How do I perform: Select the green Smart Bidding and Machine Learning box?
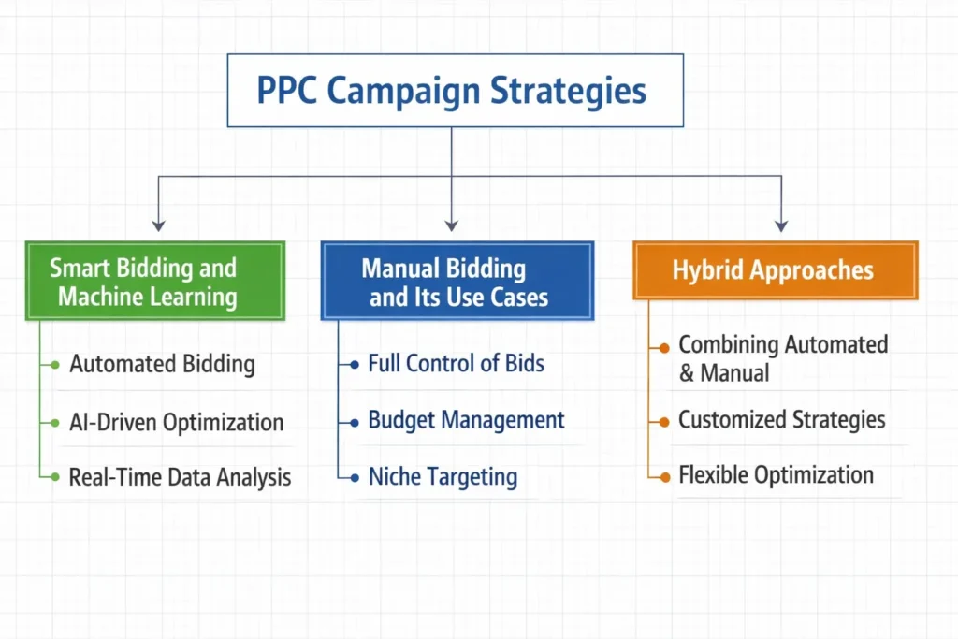(x=154, y=282)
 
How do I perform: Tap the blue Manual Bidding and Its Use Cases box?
(x=457, y=282)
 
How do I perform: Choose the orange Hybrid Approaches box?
(x=775, y=270)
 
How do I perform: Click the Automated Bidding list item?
(x=162, y=364)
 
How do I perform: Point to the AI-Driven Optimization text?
(x=176, y=421)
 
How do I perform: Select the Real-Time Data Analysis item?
(x=180, y=477)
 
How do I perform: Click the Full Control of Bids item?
(x=456, y=363)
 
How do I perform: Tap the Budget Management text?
(x=466, y=419)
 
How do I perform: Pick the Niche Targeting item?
(x=442, y=476)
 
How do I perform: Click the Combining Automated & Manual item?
(x=782, y=358)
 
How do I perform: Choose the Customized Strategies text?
(x=781, y=419)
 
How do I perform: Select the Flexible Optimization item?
(x=776, y=474)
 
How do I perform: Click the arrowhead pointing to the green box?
(x=159, y=225)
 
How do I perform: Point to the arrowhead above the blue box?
(x=452, y=225)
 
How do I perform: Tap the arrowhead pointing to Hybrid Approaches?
(x=781, y=225)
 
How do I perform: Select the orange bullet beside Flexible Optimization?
(x=663, y=476)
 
